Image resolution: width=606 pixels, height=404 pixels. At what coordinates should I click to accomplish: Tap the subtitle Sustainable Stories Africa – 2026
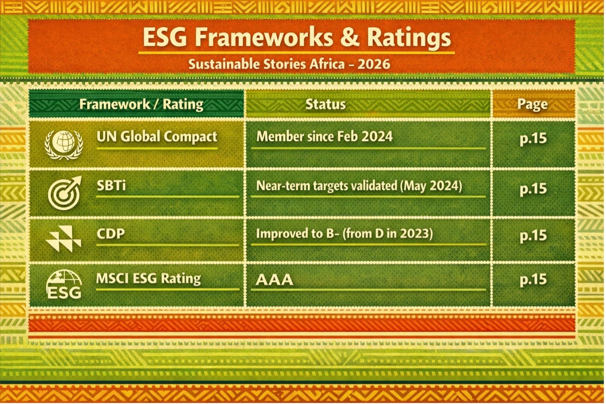coord(289,64)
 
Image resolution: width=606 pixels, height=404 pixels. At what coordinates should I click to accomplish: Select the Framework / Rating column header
coord(141,104)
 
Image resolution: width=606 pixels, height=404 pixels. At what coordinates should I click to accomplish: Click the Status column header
coord(325,104)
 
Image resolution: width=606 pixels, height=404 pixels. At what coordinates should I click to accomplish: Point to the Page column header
coord(532,104)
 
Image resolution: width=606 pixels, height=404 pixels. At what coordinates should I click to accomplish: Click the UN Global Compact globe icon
coord(63,145)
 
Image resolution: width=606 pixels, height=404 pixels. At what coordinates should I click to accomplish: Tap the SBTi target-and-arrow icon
coord(64,193)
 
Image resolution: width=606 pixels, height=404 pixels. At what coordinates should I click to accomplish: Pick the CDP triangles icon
coord(63,238)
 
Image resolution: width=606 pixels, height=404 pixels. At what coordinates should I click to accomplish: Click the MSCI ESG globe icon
coord(64,284)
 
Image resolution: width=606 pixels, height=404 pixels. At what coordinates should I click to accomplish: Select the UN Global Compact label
coord(157,137)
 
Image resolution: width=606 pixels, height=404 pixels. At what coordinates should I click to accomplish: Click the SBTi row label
coord(111,186)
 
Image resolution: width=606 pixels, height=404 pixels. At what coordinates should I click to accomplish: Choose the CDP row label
coord(111,234)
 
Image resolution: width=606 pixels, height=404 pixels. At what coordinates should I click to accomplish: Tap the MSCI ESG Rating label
coord(148,279)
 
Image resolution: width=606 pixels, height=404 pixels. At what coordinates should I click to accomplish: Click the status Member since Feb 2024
coord(324,136)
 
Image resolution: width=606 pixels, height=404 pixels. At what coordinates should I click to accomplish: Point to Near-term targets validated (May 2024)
coord(359,186)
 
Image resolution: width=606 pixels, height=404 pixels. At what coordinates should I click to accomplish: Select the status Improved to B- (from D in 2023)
coord(345,234)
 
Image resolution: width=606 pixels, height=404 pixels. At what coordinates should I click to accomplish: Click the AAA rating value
coord(275,280)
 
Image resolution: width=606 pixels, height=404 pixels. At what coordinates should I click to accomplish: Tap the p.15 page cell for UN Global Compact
coord(533,139)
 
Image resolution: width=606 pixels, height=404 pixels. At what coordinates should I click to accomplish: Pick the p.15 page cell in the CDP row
coord(533,236)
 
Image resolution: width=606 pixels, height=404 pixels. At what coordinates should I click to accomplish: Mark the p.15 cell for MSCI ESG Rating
coord(533,280)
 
